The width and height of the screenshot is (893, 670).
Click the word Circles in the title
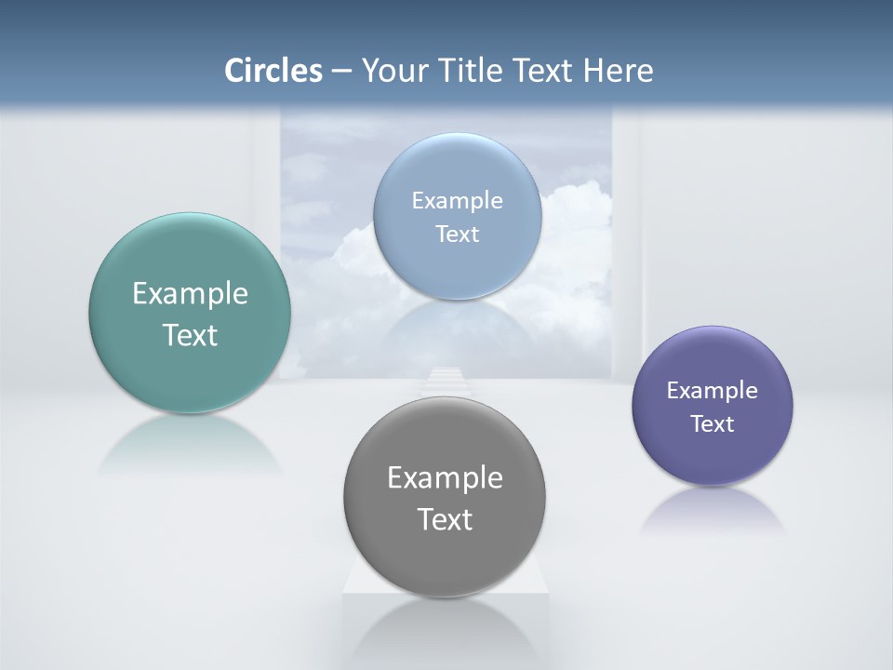pos(273,71)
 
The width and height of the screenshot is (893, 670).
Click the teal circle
pos(190,372)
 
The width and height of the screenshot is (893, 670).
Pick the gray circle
pos(445,558)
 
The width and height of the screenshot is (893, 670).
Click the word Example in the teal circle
pos(190,294)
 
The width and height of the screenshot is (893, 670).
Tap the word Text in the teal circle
pos(190,335)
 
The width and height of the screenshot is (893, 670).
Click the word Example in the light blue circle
pos(457,201)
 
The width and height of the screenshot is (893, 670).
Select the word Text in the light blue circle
pos(457,234)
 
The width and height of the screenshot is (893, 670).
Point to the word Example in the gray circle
pos(445,478)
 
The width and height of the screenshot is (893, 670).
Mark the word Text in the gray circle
pos(445,519)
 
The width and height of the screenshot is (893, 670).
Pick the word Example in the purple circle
pos(712,391)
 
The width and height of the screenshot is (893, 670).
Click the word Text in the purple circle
pos(712,424)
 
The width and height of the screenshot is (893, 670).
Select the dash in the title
pos(340,72)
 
